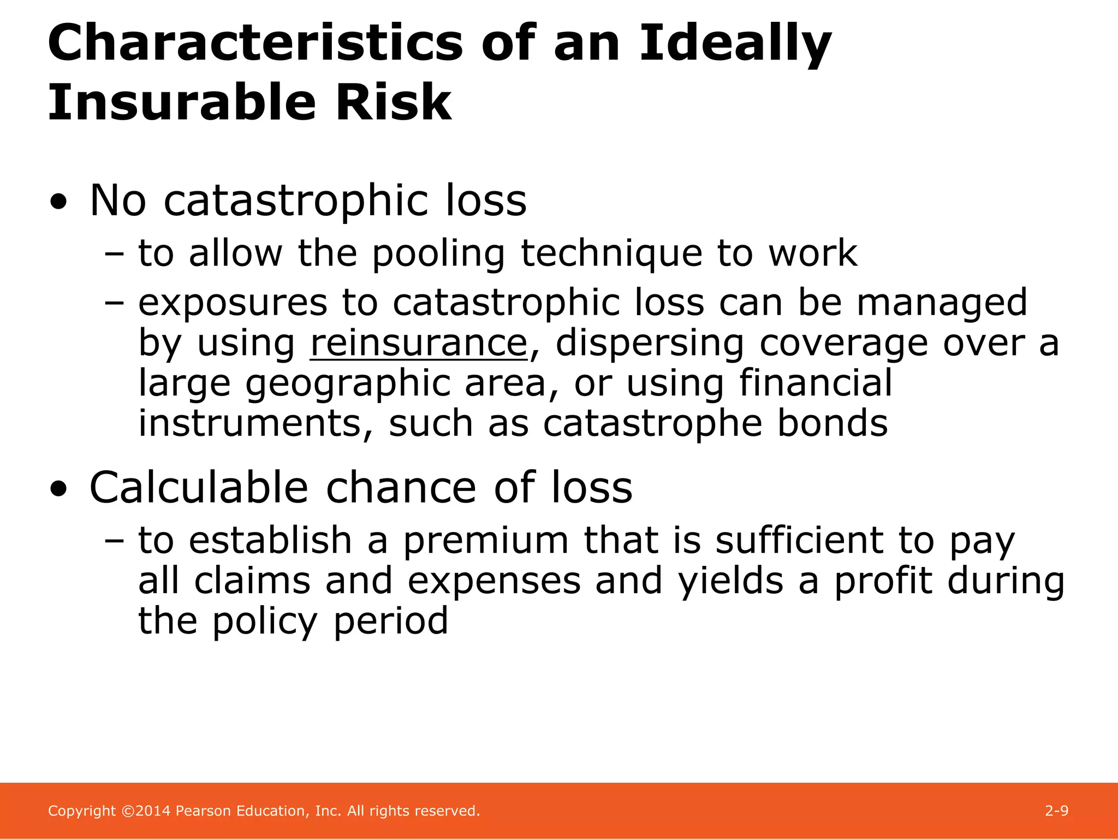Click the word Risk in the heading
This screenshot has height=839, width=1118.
[394, 102]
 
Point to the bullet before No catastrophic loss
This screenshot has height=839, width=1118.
[58, 203]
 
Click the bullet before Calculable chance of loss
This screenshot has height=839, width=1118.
[58, 489]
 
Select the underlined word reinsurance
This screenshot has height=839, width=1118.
[419, 344]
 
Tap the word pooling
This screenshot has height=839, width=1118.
[438, 254]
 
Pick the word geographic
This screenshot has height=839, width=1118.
[347, 384]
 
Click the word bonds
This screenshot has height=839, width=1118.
[832, 423]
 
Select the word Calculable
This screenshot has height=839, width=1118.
[199, 487]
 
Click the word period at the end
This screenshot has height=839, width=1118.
[390, 622]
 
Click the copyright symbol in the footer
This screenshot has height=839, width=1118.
[127, 811]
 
